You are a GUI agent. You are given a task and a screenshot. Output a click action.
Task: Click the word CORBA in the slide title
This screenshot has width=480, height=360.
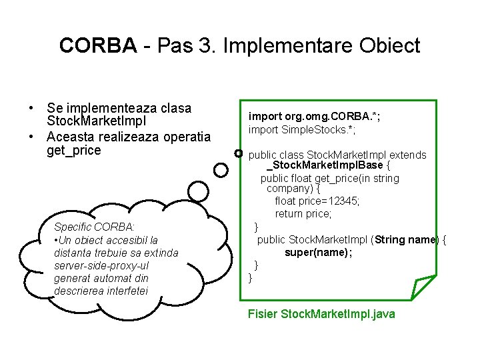click(97, 45)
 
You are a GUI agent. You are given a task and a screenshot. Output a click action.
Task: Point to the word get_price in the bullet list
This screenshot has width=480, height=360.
click(74, 151)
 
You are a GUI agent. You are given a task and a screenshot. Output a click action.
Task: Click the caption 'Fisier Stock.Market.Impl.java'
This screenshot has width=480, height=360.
click(321, 313)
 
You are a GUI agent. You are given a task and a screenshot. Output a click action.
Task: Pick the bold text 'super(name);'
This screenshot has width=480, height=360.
click(318, 253)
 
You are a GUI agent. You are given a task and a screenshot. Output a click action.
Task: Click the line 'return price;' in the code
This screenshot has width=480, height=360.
click(303, 213)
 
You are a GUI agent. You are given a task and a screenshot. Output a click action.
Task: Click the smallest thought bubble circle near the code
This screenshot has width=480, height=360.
click(239, 154)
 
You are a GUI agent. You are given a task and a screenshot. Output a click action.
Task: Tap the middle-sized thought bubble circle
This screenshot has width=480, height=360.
click(221, 171)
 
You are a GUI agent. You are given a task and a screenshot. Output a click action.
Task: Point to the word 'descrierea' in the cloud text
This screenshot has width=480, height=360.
click(79, 291)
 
